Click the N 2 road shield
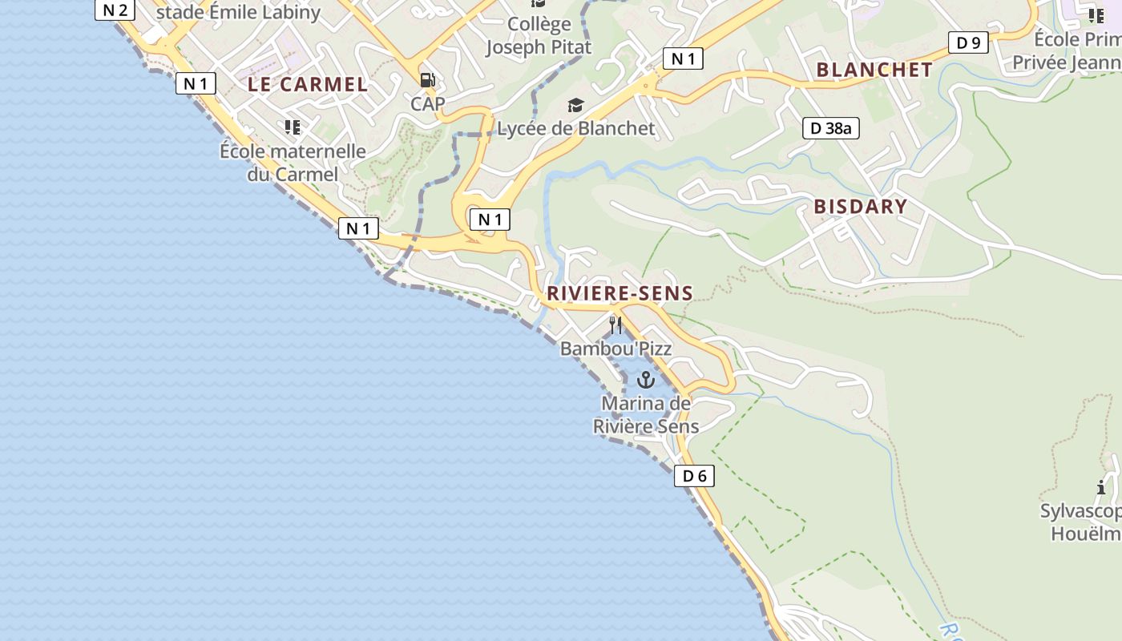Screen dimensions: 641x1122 click(x=115, y=10)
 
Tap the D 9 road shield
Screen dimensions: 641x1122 click(x=968, y=43)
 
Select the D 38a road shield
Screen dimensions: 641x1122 click(x=830, y=128)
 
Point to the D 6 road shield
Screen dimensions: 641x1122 click(x=694, y=476)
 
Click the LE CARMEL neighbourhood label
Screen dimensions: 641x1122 click(x=308, y=84)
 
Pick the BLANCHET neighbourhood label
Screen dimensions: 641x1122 click(x=874, y=70)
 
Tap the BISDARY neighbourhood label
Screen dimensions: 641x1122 click(x=860, y=207)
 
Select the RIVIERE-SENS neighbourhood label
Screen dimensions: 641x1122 click(x=620, y=293)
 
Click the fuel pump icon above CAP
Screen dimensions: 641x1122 click(x=428, y=80)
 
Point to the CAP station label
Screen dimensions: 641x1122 click(x=428, y=103)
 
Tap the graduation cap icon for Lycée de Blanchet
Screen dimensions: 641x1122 click(x=575, y=106)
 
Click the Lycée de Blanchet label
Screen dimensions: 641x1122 click(x=575, y=128)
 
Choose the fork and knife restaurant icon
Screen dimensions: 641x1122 click(x=615, y=325)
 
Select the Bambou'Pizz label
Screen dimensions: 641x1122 click(x=615, y=349)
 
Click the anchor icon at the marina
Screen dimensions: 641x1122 click(x=645, y=380)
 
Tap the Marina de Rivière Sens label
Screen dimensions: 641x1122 click(x=646, y=415)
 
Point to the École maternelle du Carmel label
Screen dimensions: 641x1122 click(x=293, y=163)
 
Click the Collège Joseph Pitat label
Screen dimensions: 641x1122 click(x=539, y=36)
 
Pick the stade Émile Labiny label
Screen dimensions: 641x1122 click(x=238, y=12)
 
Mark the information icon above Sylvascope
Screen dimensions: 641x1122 click(x=1101, y=487)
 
